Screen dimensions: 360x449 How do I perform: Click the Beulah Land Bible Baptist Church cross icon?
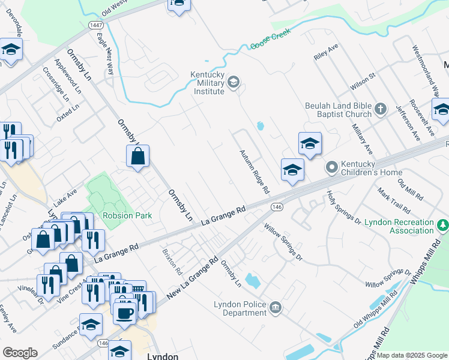[380, 109]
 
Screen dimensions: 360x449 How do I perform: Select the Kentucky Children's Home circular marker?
[331, 167]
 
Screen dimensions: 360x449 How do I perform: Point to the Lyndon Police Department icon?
[275, 308]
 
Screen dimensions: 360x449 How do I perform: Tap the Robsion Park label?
[127, 215]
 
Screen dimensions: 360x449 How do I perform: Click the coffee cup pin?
[125, 313]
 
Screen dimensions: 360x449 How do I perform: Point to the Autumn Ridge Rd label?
[255, 172]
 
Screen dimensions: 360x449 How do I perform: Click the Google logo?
[20, 353]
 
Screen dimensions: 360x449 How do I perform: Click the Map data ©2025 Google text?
[412, 355]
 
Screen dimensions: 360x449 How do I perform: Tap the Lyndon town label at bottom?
[162, 355]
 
